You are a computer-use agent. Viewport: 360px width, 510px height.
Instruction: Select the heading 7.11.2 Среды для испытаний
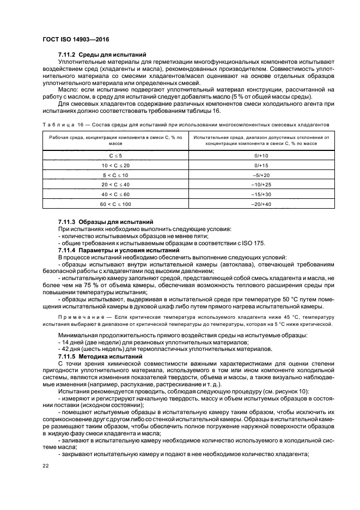pyautogui.click(x=102, y=54)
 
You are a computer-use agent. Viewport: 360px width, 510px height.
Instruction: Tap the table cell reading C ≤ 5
pyautogui.click(x=115, y=155)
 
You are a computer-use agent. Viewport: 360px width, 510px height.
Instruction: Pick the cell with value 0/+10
pyautogui.click(x=261, y=155)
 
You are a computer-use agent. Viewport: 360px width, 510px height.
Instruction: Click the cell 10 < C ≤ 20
pyautogui.click(x=115, y=165)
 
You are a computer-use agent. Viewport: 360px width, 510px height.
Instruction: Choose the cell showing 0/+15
pyautogui.click(x=261, y=165)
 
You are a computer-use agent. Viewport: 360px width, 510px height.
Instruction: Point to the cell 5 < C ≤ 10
pyautogui.click(x=115, y=175)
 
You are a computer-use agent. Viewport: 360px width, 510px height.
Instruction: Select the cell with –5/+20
pyautogui.click(x=261, y=175)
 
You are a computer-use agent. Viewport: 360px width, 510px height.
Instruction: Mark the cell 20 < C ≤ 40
pyautogui.click(x=115, y=185)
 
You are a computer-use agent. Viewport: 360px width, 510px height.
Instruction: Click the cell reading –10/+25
pyautogui.click(x=261, y=185)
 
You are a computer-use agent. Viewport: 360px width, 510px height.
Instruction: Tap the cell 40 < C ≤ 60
pyautogui.click(x=115, y=195)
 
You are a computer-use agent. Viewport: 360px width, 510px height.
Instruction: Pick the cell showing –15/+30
pyautogui.click(x=261, y=195)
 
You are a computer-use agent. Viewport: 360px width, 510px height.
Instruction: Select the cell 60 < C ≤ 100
pyautogui.click(x=115, y=204)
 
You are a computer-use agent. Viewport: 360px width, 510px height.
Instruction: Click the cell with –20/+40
pyautogui.click(x=261, y=204)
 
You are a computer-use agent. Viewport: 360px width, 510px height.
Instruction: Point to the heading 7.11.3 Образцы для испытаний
pyautogui.click(x=106, y=222)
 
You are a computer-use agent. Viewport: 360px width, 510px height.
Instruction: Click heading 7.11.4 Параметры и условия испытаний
pyautogui.click(x=119, y=250)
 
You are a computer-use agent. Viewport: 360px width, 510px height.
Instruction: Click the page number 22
pyautogui.click(x=46, y=465)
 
